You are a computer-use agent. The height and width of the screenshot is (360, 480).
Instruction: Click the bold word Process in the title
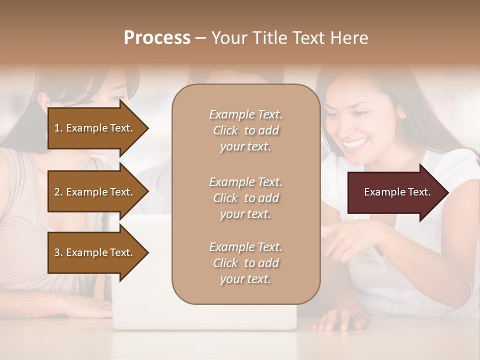pyautogui.click(x=157, y=38)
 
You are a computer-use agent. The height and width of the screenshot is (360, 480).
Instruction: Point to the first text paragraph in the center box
pyautogui.click(x=245, y=130)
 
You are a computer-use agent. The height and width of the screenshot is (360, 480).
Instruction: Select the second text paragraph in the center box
pyautogui.click(x=245, y=198)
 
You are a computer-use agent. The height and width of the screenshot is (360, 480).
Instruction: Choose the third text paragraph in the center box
pyautogui.click(x=245, y=263)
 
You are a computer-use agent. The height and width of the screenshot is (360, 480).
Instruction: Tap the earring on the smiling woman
pyautogui.click(x=402, y=116)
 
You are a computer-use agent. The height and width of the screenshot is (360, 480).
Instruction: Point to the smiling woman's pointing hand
pyautogui.click(x=350, y=237)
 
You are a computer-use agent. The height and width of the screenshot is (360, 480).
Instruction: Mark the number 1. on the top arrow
pyautogui.click(x=58, y=128)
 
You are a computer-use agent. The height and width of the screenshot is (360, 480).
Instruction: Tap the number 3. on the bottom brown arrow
pyautogui.click(x=58, y=252)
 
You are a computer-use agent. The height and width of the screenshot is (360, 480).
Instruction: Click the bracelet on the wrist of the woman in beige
pyautogui.click(x=29, y=303)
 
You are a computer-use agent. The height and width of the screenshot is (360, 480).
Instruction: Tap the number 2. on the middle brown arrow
pyautogui.click(x=58, y=192)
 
